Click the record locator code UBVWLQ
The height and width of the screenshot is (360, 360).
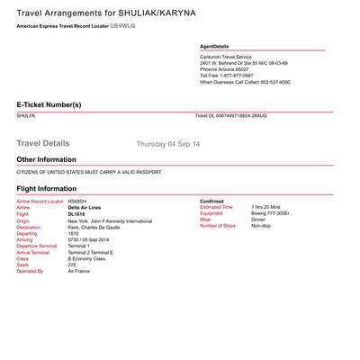point(122,26)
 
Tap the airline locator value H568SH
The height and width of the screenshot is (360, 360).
point(78,201)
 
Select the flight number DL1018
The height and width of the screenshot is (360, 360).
point(77,213)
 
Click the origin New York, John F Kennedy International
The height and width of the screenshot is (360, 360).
point(110,220)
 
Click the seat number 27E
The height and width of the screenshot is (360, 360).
point(72,264)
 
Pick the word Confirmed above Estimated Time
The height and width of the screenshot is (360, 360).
point(211,201)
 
